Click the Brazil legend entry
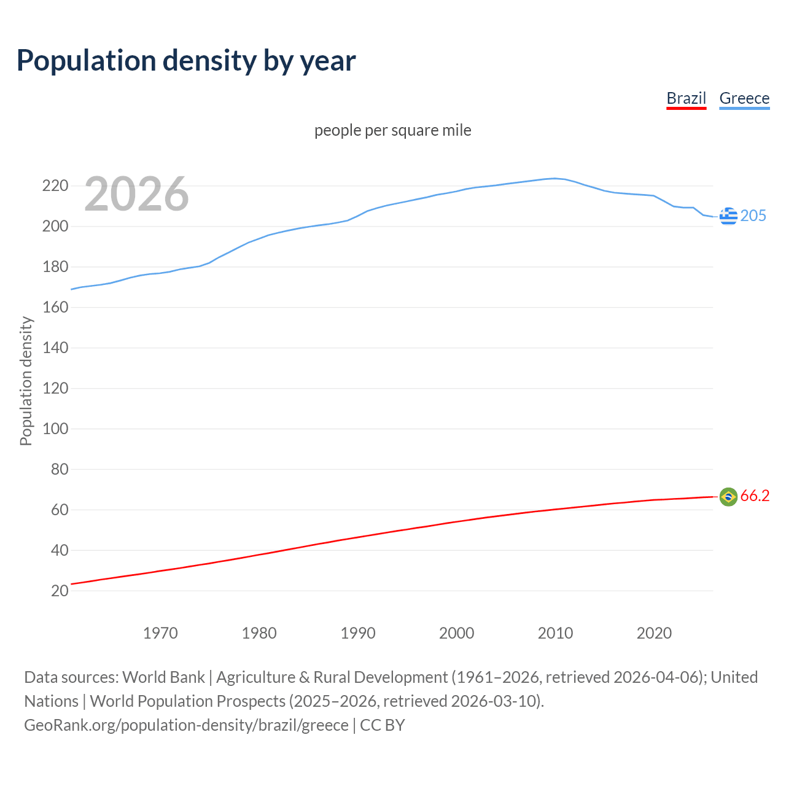686,98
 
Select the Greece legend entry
744,98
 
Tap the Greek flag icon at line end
728,216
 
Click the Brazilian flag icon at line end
728,496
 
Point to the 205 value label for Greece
753,216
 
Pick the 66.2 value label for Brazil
755,496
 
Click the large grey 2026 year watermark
136,194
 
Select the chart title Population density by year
186,60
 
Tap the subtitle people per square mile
392,130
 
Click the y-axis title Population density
26,381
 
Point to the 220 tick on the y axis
55,185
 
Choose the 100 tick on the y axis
55,429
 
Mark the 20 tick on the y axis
60,591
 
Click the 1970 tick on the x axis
160,633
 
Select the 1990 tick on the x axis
358,633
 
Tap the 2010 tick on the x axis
555,633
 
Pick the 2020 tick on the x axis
654,633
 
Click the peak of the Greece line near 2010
555,178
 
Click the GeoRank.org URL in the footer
186,725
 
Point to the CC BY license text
383,725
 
